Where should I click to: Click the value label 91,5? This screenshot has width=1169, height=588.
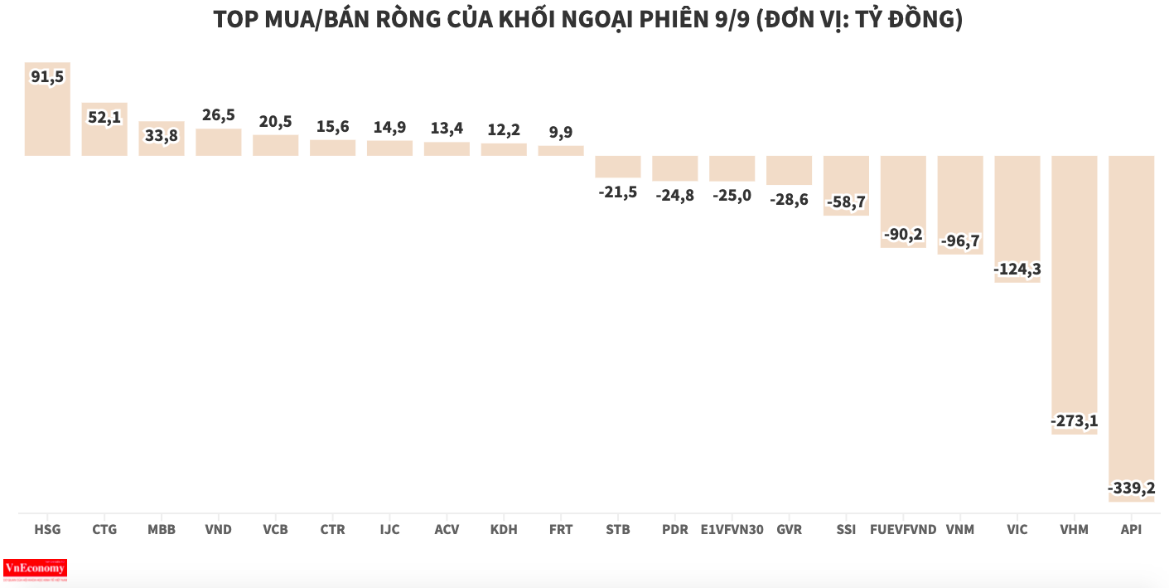click(x=47, y=77)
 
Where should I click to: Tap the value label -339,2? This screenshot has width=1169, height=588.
click(x=1131, y=488)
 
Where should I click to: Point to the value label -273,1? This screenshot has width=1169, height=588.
click(x=1074, y=421)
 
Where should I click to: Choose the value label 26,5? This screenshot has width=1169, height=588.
click(x=219, y=115)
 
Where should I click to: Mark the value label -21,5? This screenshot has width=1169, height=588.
click(x=618, y=192)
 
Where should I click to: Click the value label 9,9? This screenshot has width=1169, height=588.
click(x=561, y=132)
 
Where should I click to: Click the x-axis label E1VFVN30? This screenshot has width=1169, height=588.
click(x=732, y=529)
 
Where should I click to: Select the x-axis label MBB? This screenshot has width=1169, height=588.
click(x=162, y=529)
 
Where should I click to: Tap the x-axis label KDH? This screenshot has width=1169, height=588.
click(x=504, y=529)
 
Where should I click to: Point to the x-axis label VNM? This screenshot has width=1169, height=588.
click(x=960, y=529)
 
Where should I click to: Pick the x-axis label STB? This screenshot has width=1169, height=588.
click(x=618, y=529)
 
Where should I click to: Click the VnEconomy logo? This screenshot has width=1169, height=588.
click(x=35, y=569)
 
